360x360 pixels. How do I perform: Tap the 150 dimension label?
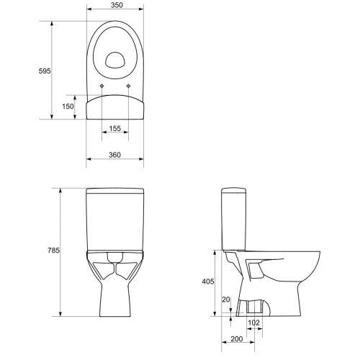point(68,107)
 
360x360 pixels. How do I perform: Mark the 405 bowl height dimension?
point(206,284)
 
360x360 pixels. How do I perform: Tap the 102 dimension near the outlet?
point(253,323)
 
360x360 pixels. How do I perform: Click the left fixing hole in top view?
point(102,86)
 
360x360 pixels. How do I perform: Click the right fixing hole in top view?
point(128,86)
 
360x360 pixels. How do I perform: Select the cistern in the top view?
point(114,108)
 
